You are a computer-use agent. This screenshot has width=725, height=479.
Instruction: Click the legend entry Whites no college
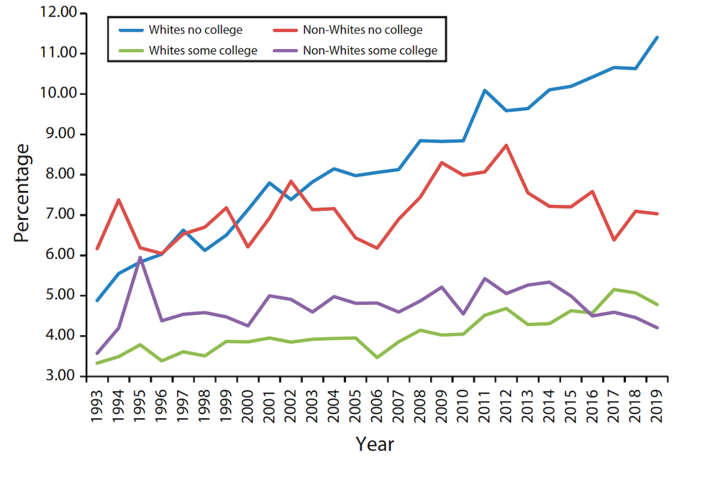tap(195, 30)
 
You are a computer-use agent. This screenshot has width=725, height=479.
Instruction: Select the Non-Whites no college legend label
tap(363, 30)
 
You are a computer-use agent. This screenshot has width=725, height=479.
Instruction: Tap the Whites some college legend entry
tap(203, 50)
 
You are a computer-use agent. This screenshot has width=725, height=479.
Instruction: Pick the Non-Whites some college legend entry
tap(370, 50)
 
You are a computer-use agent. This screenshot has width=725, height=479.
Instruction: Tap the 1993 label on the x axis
tap(97, 406)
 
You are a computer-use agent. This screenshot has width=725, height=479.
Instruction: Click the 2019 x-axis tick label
tap(657, 406)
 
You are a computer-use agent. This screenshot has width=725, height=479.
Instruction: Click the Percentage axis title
tap(21, 193)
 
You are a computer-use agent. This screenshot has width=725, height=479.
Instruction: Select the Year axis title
tap(375, 444)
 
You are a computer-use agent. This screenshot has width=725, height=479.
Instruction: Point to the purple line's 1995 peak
tap(140, 257)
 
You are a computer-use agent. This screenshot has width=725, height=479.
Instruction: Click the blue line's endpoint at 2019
tap(657, 38)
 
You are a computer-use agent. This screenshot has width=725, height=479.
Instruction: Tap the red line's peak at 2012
tap(506, 145)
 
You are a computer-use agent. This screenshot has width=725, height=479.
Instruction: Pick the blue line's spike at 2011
tap(484, 90)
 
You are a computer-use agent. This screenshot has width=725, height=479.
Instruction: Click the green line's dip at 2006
tap(377, 357)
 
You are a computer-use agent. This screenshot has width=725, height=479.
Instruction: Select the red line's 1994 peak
tap(118, 200)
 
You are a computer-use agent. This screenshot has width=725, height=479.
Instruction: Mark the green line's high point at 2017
tap(614, 289)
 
